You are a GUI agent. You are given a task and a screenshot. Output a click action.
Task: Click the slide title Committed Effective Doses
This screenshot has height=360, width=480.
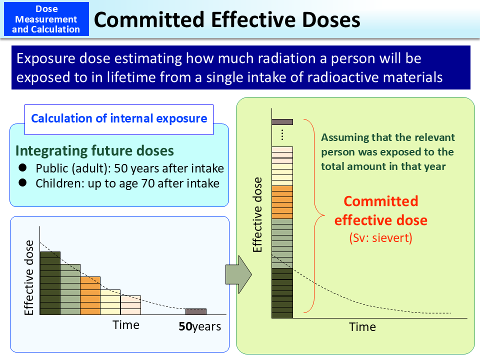(227, 19)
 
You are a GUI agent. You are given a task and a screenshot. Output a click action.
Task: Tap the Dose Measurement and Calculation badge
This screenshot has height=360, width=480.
(46, 19)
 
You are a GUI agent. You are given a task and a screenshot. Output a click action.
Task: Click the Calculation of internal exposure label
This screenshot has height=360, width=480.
(119, 119)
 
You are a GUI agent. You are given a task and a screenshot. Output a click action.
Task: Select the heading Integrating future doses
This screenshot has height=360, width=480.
(94, 150)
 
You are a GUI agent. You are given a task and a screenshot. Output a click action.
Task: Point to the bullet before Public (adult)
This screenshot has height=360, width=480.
(22, 168)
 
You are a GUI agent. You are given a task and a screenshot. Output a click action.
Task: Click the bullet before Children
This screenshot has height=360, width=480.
(22, 183)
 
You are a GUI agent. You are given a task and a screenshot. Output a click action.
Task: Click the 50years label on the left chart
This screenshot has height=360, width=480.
(200, 327)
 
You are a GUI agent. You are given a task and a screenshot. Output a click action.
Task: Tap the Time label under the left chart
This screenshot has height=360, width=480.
(126, 325)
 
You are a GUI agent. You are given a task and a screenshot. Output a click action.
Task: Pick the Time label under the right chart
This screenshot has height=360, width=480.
(362, 327)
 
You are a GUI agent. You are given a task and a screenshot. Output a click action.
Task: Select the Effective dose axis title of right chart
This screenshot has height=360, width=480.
(257, 214)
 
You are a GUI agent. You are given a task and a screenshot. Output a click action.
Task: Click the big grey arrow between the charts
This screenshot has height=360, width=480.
(238, 275)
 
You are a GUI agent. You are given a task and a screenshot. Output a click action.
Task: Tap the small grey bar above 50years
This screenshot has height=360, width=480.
(196, 311)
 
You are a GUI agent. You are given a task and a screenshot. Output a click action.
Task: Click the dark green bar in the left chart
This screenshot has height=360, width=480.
(50, 283)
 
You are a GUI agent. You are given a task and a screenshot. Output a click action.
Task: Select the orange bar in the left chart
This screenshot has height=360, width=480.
(90, 295)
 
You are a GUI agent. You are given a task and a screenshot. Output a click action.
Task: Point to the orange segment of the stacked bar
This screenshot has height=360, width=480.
(282, 202)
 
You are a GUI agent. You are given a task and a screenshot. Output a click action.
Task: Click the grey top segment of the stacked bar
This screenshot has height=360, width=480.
(282, 121)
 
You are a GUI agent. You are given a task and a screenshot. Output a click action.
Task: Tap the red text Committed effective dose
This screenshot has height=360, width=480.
(381, 210)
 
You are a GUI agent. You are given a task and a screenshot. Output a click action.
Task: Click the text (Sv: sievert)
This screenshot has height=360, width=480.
(381, 238)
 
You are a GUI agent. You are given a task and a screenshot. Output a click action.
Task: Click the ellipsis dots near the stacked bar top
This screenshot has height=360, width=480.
(282, 134)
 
